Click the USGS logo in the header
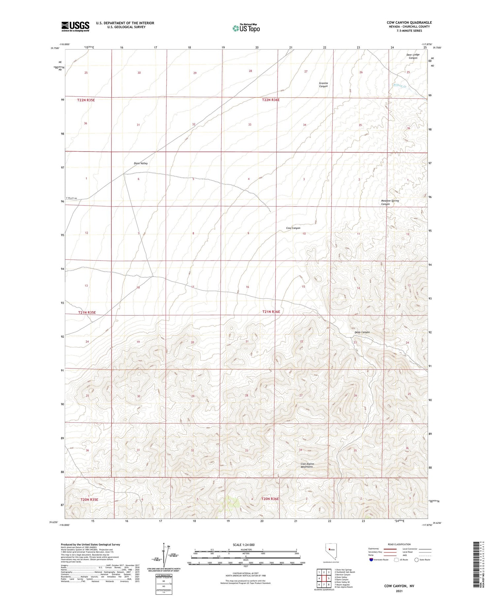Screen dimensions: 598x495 pos(75,26)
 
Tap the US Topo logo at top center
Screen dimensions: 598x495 pos(246,28)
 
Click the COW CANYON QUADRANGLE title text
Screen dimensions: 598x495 pos(409,22)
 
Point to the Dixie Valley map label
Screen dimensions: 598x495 pos(141,163)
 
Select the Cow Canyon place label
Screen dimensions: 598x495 pos(293,228)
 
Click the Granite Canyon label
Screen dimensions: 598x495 pos(323,85)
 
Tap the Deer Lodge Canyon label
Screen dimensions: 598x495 pos(413,56)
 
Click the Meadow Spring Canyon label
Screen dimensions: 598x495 pos(390,202)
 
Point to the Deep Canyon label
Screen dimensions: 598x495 pos(362,332)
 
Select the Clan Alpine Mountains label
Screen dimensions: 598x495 pos(307,465)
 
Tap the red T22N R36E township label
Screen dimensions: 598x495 pos(271,100)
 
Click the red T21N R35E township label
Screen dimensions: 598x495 pos(87,312)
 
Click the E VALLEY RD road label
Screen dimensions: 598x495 pos(71,198)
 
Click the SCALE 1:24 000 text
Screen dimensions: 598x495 pos(244,545)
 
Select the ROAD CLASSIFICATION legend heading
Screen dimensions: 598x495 pos(399,544)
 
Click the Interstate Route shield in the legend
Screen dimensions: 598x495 pos(371,560)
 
